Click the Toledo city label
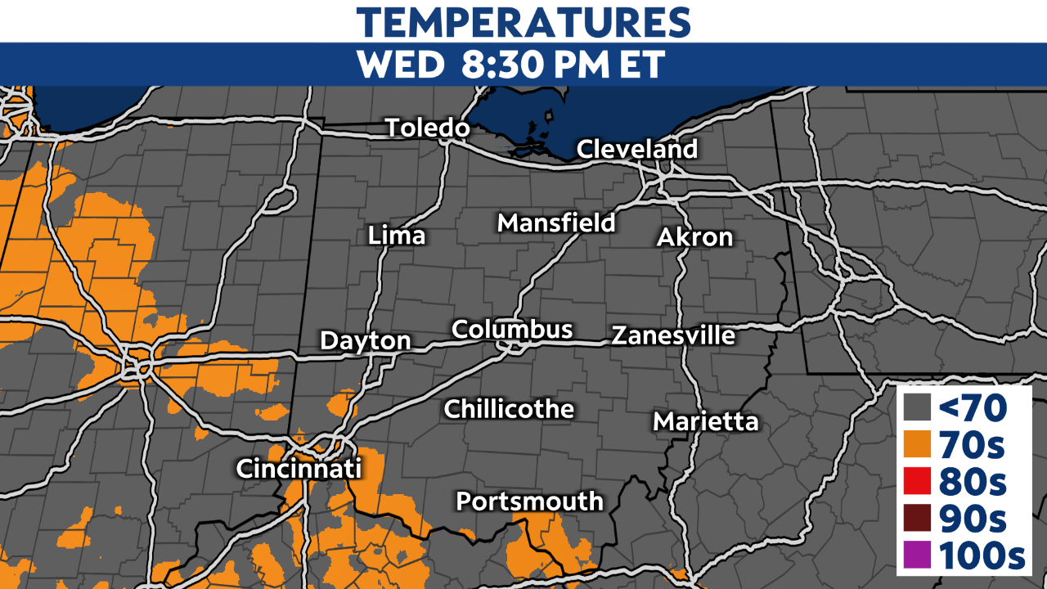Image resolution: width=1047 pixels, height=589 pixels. pyautogui.click(x=427, y=128)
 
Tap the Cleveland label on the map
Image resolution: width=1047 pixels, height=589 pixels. pyautogui.click(x=637, y=149)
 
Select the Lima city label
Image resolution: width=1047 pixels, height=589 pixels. pyautogui.click(x=397, y=236)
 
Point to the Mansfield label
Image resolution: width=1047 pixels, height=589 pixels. pyautogui.click(x=556, y=223)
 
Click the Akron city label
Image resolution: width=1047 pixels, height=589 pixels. pyautogui.click(x=694, y=237)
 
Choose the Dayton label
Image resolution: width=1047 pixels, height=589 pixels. pyautogui.click(x=365, y=340)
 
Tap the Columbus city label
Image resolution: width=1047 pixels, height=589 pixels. pyautogui.click(x=512, y=329)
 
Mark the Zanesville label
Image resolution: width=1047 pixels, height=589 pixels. pyautogui.click(x=673, y=335)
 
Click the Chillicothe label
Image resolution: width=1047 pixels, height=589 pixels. pyautogui.click(x=509, y=409)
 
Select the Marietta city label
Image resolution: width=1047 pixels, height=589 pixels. pyautogui.click(x=706, y=422)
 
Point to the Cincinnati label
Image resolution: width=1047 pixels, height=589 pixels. pyautogui.click(x=299, y=469)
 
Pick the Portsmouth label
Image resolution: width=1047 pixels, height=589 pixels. pyautogui.click(x=529, y=501)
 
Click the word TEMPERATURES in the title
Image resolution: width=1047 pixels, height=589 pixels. pyautogui.click(x=523, y=22)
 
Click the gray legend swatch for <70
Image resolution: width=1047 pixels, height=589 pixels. pyautogui.click(x=918, y=407)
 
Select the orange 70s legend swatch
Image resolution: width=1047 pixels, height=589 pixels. pyautogui.click(x=918, y=444)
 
